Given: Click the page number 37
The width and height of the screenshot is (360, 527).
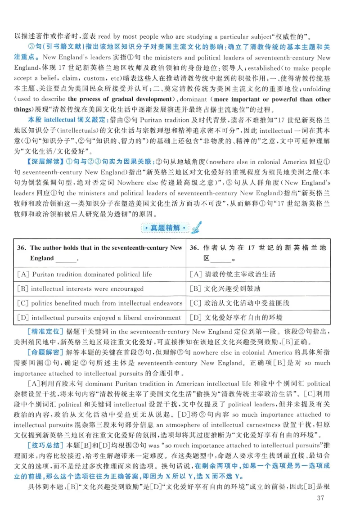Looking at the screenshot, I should pyautogui.click(x=320, y=510).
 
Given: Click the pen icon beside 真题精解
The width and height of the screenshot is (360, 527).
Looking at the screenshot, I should pyautogui.click(x=196, y=227).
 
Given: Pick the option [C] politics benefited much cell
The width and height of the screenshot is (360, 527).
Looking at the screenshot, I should pyautogui.click(x=99, y=303).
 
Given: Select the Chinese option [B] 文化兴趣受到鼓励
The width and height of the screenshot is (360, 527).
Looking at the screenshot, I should pyautogui.click(x=225, y=288).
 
